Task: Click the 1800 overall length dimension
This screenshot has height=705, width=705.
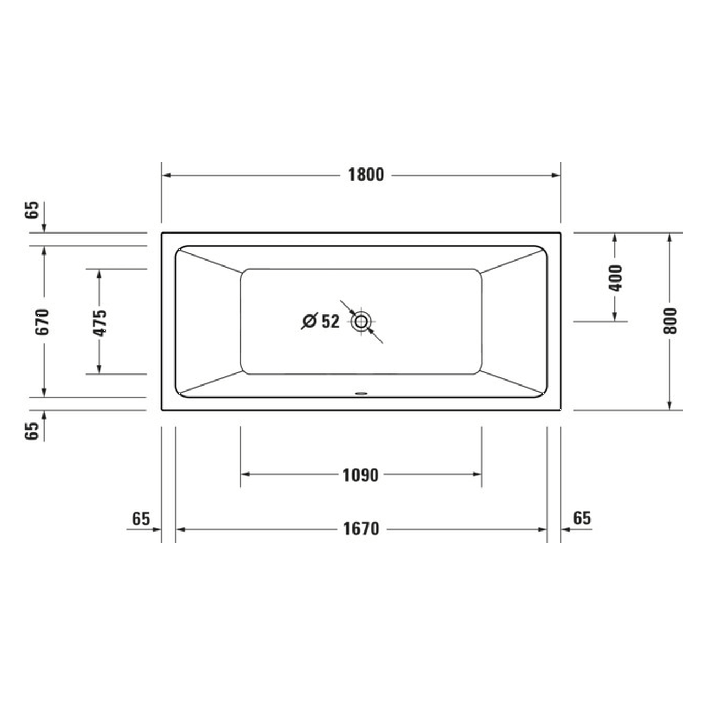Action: click(366, 175)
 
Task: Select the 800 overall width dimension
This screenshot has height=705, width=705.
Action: click(670, 321)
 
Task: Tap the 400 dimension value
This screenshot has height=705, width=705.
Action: click(616, 278)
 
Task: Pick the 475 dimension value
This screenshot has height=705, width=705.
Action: click(100, 322)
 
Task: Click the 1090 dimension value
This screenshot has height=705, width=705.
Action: click(361, 475)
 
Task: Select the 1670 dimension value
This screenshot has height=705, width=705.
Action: click(361, 529)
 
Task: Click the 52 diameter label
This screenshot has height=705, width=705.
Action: click(330, 321)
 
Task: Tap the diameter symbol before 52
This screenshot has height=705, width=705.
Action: click(310, 321)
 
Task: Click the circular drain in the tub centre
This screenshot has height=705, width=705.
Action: click(362, 321)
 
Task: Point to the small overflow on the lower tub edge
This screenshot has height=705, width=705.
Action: click(361, 393)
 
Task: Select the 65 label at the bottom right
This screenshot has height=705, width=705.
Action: click(582, 518)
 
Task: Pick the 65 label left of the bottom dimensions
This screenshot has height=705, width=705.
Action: click(141, 519)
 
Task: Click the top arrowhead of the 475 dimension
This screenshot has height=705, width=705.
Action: click(100, 274)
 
